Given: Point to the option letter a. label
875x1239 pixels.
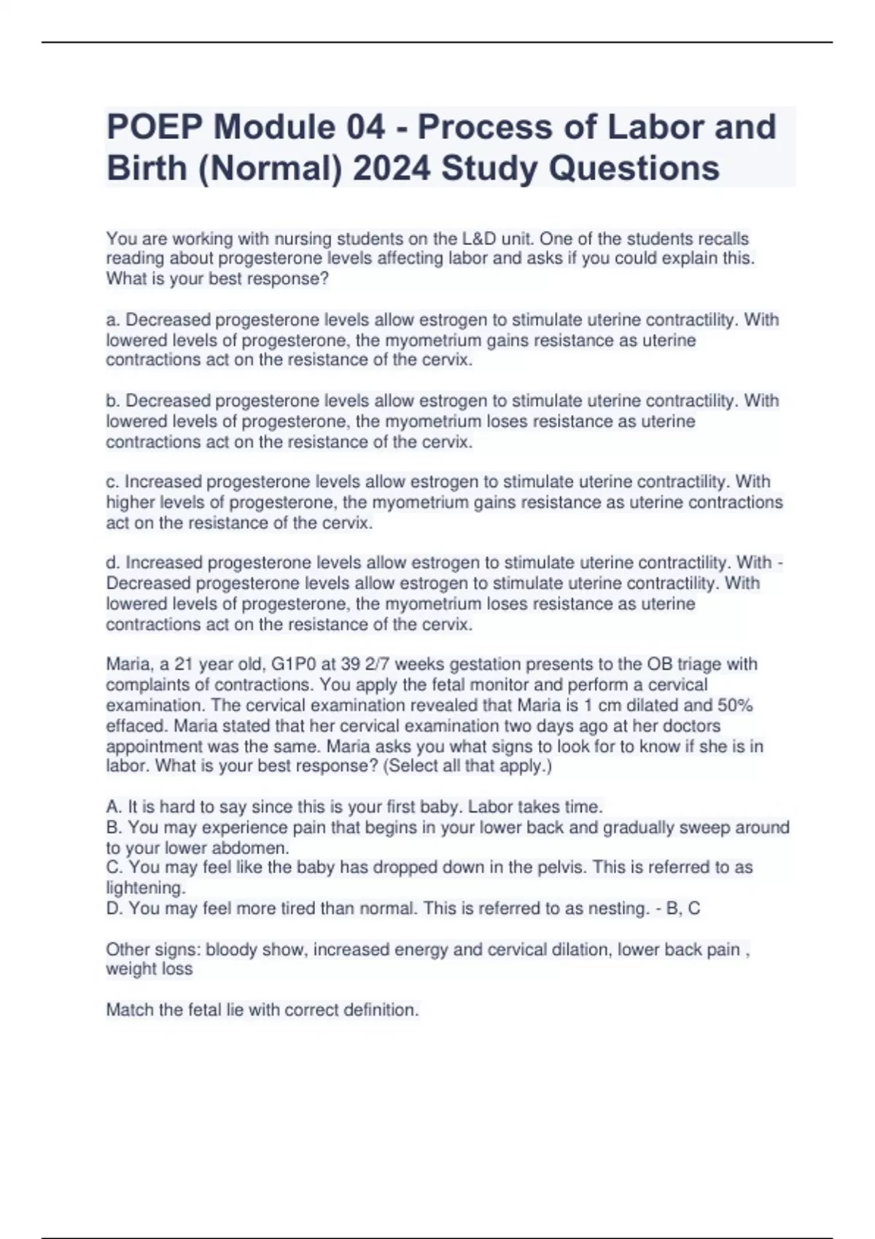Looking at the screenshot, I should (x=113, y=320).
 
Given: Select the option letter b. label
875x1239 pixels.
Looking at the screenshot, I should (x=113, y=401).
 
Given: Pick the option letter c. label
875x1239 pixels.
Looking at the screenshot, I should (x=113, y=482).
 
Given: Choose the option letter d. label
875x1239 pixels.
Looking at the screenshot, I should (x=113, y=563).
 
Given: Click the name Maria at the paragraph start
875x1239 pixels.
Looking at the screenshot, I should (x=128, y=665).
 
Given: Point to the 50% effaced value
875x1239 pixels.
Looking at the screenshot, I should (x=735, y=706).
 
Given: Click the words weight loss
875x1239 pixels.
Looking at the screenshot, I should (x=149, y=969).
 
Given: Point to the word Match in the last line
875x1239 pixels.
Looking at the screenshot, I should (x=129, y=1010).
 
